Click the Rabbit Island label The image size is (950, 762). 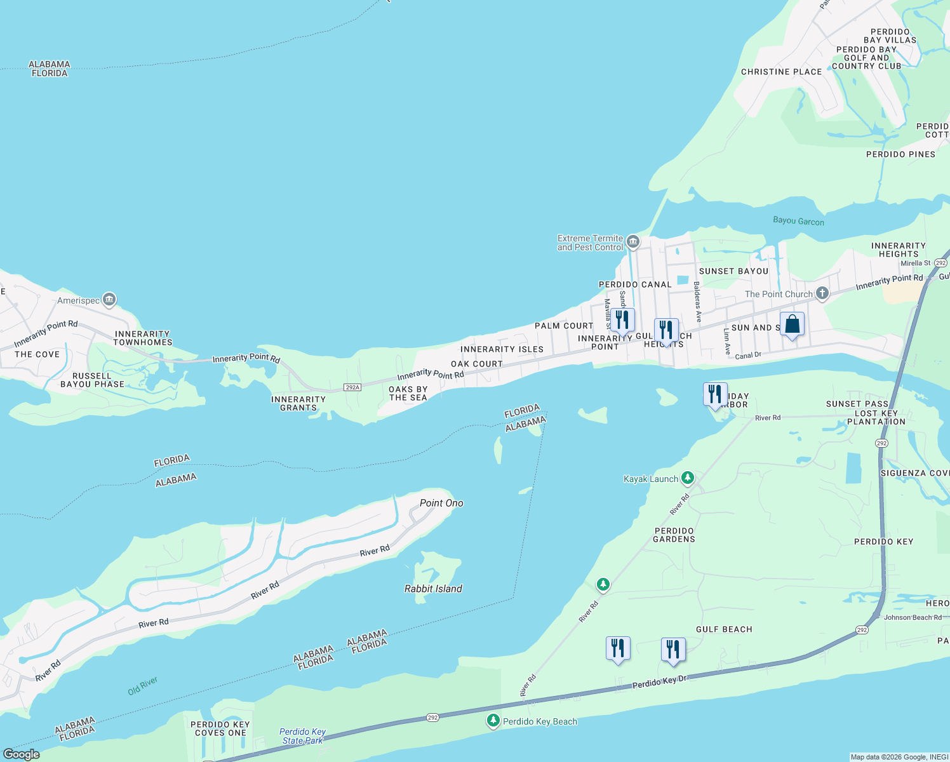pyautogui.click(x=433, y=589)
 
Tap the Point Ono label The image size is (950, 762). pyautogui.click(x=441, y=503)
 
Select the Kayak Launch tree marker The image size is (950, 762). pyautogui.click(x=687, y=478)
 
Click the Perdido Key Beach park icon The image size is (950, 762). pyautogui.click(x=493, y=720)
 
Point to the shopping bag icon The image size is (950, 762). pyautogui.click(x=792, y=324)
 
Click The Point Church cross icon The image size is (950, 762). pyautogui.click(x=822, y=293)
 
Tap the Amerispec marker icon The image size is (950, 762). pyautogui.click(x=109, y=299)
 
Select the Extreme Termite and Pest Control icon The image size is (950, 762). pyautogui.click(x=632, y=241)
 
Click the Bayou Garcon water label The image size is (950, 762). pyautogui.click(x=798, y=221)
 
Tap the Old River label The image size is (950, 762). pyautogui.click(x=142, y=686)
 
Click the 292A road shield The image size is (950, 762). pyautogui.click(x=352, y=387)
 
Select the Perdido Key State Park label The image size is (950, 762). pyautogui.click(x=303, y=736)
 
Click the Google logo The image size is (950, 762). pyautogui.click(x=21, y=754)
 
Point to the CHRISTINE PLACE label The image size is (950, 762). pyautogui.click(x=781, y=72)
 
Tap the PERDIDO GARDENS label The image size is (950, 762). pyautogui.click(x=674, y=535)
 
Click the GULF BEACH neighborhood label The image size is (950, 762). pyautogui.click(x=724, y=629)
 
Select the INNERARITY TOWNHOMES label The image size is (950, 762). pyautogui.click(x=142, y=338)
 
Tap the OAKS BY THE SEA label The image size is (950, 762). pyautogui.click(x=408, y=393)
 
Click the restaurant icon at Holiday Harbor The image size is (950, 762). pyautogui.click(x=715, y=394)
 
